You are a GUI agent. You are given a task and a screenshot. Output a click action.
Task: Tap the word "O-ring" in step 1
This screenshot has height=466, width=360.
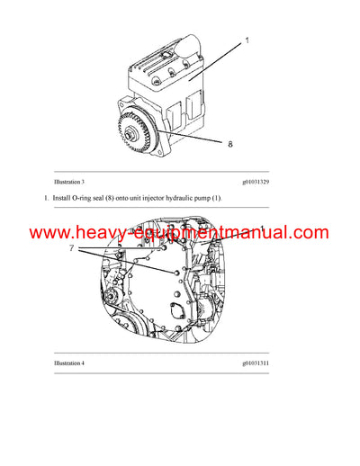click(90, 198)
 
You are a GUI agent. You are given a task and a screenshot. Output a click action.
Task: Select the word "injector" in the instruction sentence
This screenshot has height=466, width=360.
click(166, 198)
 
